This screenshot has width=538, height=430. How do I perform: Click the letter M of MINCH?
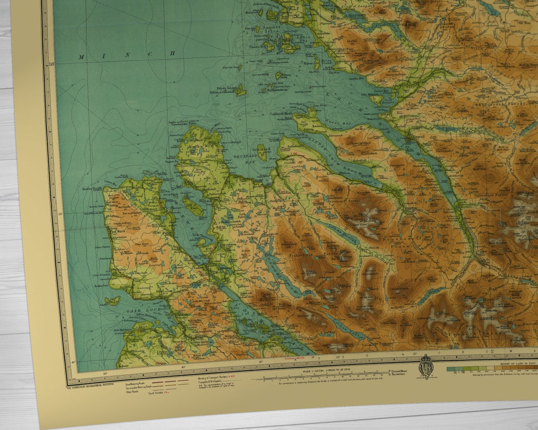point(81,57)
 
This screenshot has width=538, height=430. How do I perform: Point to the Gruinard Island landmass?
point(262,153)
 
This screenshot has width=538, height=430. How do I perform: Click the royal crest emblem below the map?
point(426,367)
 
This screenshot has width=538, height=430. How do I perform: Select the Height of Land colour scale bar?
point(491,369)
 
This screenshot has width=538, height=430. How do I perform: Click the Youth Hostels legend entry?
point(159,392)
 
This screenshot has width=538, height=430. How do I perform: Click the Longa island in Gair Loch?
point(112,300)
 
